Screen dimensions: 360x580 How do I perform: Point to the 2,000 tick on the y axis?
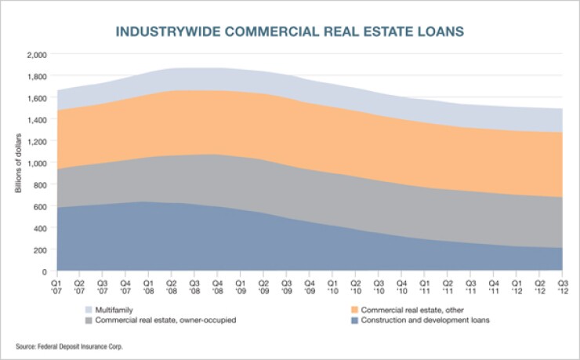click(37, 55)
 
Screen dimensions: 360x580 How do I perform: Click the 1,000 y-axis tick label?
click(37, 163)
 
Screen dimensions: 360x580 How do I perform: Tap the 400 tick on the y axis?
click(40, 228)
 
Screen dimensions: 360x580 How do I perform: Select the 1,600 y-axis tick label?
click(37, 98)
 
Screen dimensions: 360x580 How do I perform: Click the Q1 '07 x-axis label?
click(56, 285)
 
